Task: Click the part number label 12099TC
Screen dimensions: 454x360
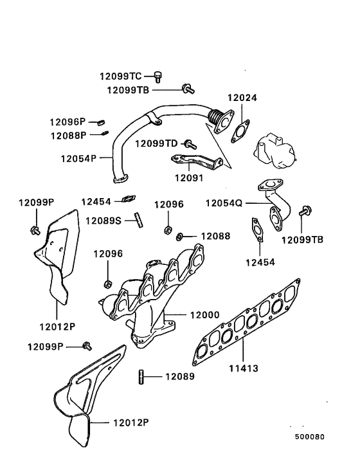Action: [120, 76]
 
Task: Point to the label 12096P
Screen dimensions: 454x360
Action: [67, 122]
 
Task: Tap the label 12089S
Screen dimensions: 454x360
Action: [103, 221]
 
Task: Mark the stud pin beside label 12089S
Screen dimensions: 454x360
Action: [138, 219]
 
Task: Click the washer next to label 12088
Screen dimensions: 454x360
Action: [181, 236]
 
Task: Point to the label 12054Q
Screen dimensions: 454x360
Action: [224, 203]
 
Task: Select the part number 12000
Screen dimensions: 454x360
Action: [205, 315]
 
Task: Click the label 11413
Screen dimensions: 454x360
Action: [244, 368]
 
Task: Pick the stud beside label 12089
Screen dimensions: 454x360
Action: [139, 376]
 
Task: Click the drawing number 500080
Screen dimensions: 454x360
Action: [310, 436]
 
